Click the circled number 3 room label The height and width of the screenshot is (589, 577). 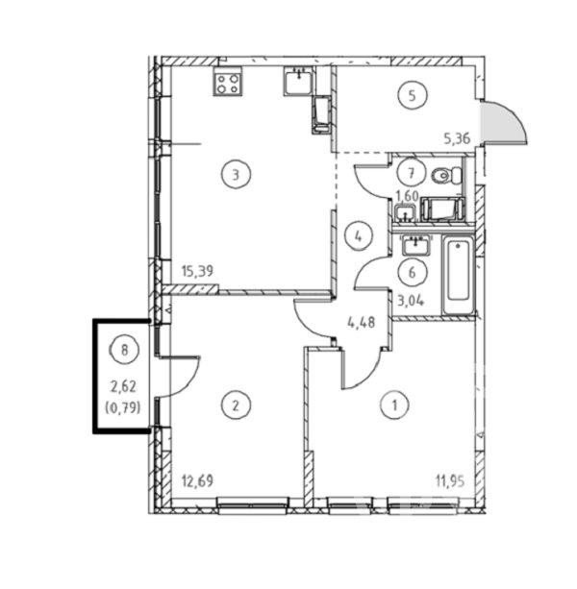pos(236,174)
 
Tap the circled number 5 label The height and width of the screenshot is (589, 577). pos(413,95)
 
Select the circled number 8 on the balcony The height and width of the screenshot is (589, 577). pos(124,350)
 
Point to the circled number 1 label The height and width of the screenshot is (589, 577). pos(394,405)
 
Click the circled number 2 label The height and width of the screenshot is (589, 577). pos(236,405)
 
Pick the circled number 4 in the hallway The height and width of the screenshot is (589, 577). pos(358,236)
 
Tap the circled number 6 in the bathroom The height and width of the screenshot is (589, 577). pos(413,272)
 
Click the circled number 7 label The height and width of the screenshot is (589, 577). pos(412,173)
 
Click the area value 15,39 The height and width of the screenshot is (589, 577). pos(197,270)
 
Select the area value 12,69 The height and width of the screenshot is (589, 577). pos(197,480)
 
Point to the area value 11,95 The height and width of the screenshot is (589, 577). pos(450,480)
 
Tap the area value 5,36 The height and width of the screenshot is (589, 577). pos(457,139)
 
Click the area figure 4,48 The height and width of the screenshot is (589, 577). pos(362,322)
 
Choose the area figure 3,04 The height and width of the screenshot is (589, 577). pos(411,301)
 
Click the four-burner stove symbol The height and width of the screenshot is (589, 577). pos(227,84)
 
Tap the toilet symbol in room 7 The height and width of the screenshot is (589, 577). pos(446,175)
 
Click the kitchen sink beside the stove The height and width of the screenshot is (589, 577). pos(298,80)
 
